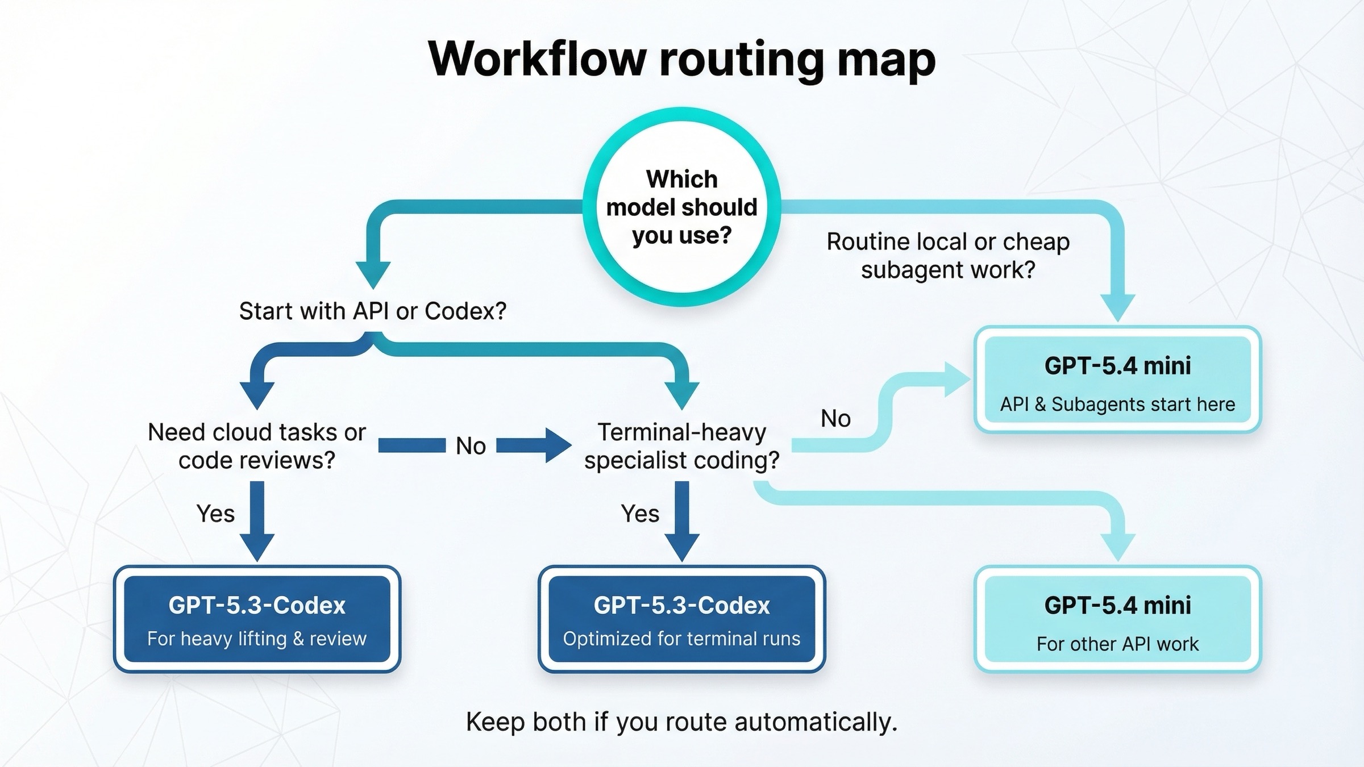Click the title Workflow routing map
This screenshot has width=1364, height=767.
point(681,59)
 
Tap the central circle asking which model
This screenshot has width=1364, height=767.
point(681,207)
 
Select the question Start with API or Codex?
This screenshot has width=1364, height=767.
point(372,311)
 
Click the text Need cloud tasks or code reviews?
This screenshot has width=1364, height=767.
point(257,446)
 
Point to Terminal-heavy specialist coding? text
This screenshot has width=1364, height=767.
point(681,446)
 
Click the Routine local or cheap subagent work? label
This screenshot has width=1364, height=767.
point(948,255)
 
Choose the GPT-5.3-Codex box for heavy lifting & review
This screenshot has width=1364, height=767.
point(257,619)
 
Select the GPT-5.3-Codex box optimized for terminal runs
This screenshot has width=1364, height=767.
point(681,619)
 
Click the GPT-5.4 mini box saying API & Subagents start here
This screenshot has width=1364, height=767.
point(1117,380)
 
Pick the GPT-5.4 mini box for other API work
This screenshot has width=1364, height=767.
point(1117,619)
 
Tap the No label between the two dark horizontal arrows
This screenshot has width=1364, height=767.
point(471,446)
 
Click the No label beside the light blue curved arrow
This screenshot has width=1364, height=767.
point(835,419)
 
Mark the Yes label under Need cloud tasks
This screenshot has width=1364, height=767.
point(215,514)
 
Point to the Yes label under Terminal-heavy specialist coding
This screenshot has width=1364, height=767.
point(640,514)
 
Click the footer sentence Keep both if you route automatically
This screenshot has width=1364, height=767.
point(681,722)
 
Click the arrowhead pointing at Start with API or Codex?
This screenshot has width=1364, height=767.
point(373,274)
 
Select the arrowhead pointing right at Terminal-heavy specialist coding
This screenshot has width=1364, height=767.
point(557,445)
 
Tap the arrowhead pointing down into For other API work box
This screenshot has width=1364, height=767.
point(1117,546)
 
